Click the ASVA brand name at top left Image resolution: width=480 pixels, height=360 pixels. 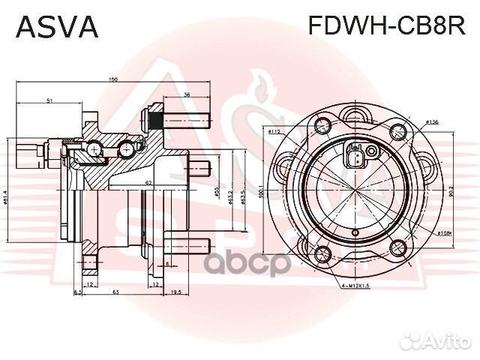pyautogui.click(x=57, y=27)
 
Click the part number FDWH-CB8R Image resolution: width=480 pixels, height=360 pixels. pyautogui.click(x=387, y=27)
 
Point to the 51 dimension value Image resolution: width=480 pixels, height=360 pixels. pyautogui.click(x=49, y=100)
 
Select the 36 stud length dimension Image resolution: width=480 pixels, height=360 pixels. pyautogui.click(x=187, y=94)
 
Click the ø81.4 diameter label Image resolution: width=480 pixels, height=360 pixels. pyautogui.click(x=7, y=196)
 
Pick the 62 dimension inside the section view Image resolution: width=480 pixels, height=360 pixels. pyautogui.click(x=149, y=182)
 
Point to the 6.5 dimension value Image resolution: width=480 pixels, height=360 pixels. pyautogui.click(x=77, y=291)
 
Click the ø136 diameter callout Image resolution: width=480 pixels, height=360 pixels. pyautogui.click(x=431, y=121)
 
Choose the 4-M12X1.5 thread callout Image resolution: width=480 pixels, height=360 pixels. pyautogui.click(x=352, y=286)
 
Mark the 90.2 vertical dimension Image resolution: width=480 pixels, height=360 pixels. pyautogui.click(x=450, y=193)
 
